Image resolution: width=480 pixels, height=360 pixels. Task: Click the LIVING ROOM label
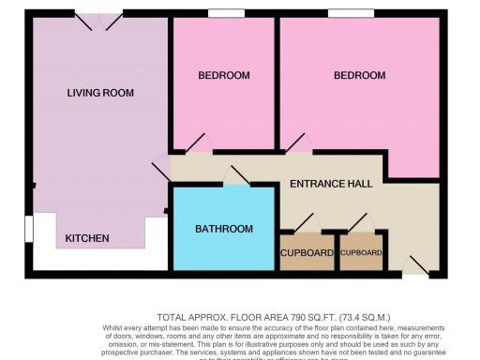pos(100,93)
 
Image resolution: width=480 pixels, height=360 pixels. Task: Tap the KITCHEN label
pos(87,239)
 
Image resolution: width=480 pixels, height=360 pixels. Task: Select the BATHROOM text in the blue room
pos(224,229)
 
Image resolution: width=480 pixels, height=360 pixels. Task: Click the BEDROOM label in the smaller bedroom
pos(224,75)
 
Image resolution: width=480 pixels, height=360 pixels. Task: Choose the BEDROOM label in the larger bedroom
pos(360,75)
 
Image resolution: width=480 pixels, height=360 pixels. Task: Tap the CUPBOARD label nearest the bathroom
pos(307,254)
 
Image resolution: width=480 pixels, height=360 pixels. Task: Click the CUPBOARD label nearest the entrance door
pos(362,254)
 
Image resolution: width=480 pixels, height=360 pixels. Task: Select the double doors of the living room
pos(99,19)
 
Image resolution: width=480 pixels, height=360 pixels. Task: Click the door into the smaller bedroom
pos(199,145)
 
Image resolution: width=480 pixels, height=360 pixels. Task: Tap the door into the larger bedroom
pos(298,144)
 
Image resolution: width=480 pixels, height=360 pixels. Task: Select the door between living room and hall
pos(161,171)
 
